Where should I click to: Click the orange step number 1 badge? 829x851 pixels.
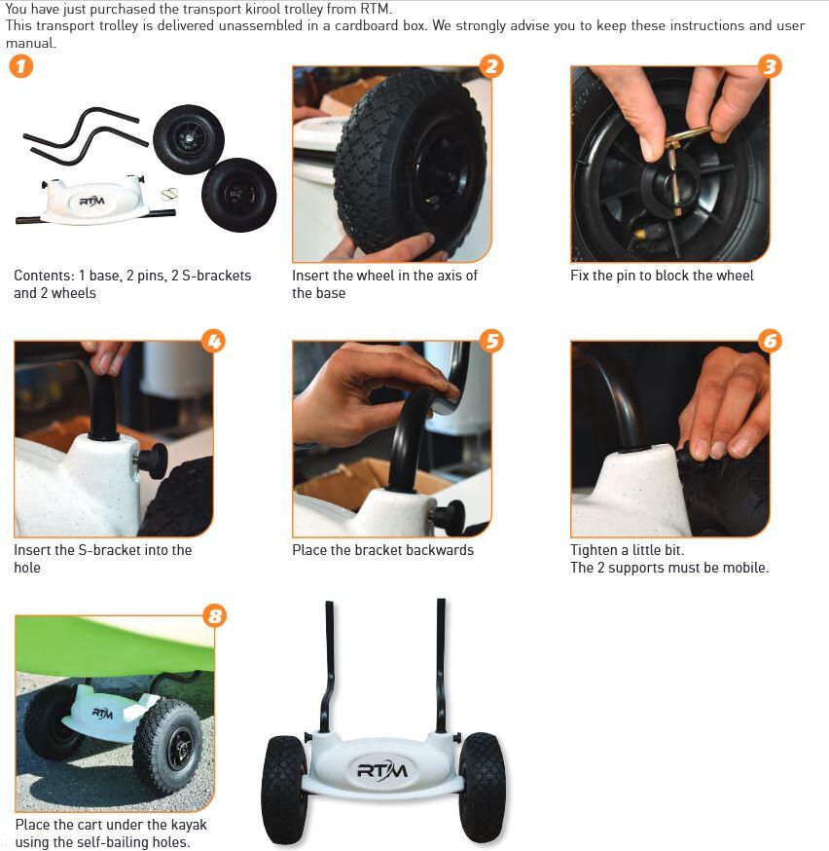coord(21,67)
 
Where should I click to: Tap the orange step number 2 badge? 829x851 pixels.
coord(491,66)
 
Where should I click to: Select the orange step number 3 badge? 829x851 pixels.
coord(770,66)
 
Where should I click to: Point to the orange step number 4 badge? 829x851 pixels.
coord(214,341)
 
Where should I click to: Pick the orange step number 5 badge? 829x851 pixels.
coord(491,341)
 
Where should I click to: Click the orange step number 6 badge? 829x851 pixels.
coord(770,341)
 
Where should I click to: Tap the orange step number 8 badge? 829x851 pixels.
coord(215,616)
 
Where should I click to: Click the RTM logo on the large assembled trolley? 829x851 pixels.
coord(382,769)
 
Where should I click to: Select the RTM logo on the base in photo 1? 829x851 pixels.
coord(91,202)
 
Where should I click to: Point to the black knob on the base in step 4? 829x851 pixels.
coord(153,461)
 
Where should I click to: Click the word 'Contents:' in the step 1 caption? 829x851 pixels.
coord(44,276)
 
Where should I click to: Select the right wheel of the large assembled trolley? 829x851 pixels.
coord(482,787)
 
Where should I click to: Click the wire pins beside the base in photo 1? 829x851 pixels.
coord(169,195)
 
